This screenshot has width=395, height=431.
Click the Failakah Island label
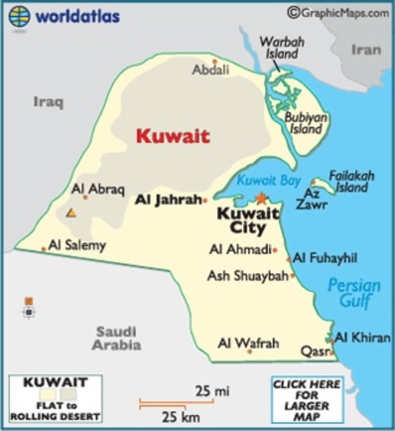click(x=351, y=182)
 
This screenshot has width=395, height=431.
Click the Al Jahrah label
click(x=166, y=199)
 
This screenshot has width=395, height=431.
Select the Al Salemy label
click(x=77, y=244)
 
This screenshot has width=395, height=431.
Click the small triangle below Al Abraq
click(x=70, y=213)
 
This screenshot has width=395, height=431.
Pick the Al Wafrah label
click(x=248, y=343)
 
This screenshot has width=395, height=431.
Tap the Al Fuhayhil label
click(x=325, y=258)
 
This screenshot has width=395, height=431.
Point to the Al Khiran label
click(x=363, y=338)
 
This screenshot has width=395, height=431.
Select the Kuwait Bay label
click(x=269, y=180)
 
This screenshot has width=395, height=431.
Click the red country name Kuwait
click(x=173, y=136)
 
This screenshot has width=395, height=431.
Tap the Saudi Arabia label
click(x=117, y=338)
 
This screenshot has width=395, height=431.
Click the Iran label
click(x=365, y=50)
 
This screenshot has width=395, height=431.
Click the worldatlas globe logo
click(x=20, y=15)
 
